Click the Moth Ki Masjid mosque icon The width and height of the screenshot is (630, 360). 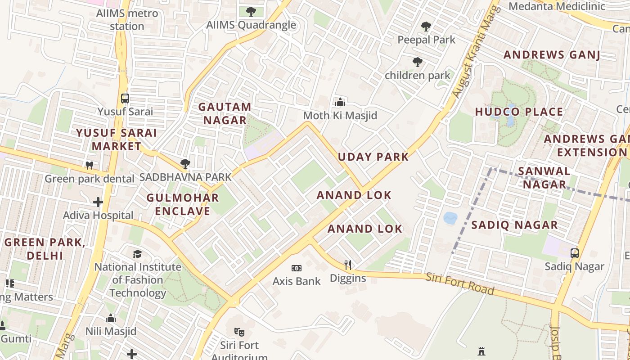tap(340, 102)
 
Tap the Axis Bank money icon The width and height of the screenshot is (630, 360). tap(296, 268)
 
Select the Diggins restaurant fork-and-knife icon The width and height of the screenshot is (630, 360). tap(347, 265)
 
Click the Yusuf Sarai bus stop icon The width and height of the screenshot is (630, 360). tap(125, 98)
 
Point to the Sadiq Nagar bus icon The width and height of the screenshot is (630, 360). tap(574, 253)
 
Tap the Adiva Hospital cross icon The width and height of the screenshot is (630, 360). tap(98, 202)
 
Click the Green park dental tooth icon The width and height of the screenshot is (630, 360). tap(89, 165)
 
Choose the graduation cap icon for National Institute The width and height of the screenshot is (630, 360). tap(137, 254)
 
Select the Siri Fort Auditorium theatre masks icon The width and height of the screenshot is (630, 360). tap(239, 333)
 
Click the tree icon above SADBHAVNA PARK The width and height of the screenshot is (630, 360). tap(184, 164)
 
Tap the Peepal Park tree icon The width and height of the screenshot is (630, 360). tap(426, 27)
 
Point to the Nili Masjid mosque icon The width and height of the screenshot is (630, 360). tap(111, 319)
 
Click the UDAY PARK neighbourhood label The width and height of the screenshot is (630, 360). tap(373, 157)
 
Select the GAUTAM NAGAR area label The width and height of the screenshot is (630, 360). tap(225, 113)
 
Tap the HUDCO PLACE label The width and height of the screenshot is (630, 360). tap(519, 112)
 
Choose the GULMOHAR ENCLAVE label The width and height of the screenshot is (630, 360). tap(183, 204)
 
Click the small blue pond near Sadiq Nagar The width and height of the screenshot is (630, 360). tap(450, 218)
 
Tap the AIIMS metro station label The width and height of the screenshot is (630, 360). tap(127, 19)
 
